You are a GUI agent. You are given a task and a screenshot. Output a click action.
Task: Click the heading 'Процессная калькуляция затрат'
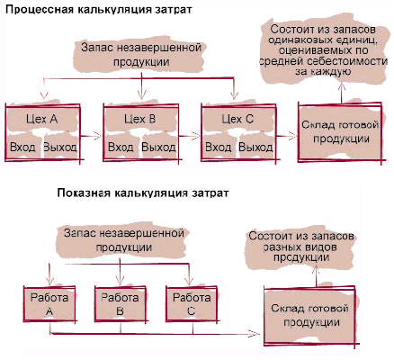[x=99, y=9]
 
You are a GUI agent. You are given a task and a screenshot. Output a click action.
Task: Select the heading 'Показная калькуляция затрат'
[x=143, y=193]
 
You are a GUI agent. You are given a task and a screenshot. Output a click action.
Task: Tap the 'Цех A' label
[x=41, y=119]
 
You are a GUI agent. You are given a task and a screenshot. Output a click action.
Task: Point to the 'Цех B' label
[x=140, y=119]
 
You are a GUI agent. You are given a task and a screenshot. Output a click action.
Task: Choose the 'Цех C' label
[x=237, y=119]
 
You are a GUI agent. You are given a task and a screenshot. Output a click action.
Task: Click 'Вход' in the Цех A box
[x=22, y=148]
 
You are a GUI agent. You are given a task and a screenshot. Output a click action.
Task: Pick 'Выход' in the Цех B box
[x=158, y=148]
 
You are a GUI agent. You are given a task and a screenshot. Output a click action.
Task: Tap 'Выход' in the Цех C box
[x=255, y=148]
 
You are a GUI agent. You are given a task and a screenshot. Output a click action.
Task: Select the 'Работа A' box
[x=49, y=303]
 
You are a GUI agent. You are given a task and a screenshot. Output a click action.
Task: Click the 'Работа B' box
[x=120, y=303]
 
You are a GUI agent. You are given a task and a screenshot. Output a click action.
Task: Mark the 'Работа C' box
[x=192, y=303]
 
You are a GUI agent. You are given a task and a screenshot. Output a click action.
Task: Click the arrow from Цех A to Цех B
[x=91, y=136]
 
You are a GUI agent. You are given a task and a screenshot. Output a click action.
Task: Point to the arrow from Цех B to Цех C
[x=189, y=136]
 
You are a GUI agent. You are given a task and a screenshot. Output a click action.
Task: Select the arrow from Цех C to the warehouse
[x=286, y=136]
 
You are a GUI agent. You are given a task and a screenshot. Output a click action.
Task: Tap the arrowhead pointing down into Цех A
[x=44, y=94]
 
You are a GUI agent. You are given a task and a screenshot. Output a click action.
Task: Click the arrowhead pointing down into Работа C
[x=189, y=281]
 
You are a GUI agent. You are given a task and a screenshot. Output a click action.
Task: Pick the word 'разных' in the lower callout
[x=282, y=247]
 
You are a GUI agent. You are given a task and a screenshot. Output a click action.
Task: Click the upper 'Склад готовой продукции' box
[x=340, y=132]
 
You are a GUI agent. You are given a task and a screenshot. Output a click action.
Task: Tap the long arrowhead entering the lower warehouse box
[x=255, y=333]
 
